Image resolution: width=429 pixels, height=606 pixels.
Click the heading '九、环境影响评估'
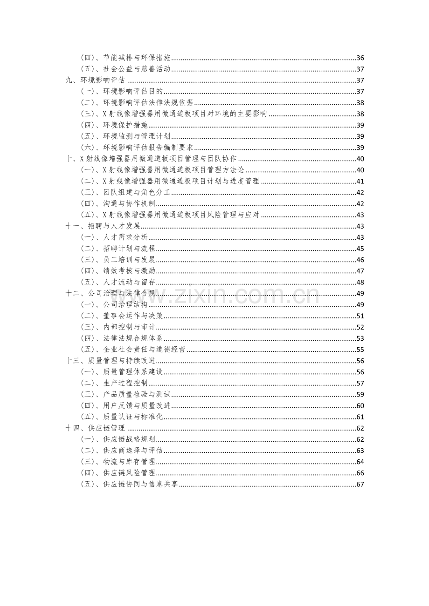tap(95, 81)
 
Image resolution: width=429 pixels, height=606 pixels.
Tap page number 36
tap(360, 58)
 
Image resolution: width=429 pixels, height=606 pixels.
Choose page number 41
tap(360, 182)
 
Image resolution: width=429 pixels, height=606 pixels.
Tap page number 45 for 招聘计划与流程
tap(360, 249)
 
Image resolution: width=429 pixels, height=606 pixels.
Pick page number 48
tap(360, 282)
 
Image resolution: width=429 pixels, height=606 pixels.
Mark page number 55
tap(360, 350)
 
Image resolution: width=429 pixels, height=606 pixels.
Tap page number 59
tap(360, 394)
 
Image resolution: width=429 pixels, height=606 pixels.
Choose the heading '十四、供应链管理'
tap(95, 428)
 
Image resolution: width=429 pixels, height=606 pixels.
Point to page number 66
tap(360, 473)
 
